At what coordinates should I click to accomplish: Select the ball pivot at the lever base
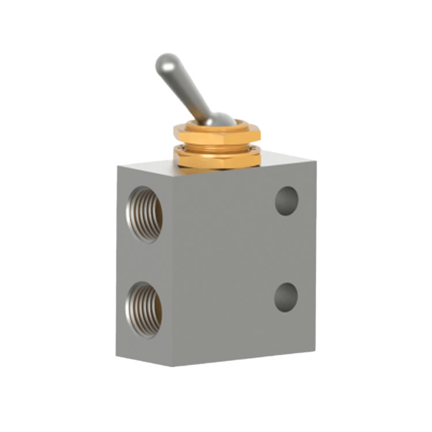coord(218,119)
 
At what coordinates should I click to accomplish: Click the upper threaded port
coord(145,213)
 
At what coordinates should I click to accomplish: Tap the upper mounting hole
coord(286,200)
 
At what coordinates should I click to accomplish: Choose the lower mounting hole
coord(286,296)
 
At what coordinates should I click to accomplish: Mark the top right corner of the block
coord(314,157)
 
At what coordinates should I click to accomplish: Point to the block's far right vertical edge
coord(314,253)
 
